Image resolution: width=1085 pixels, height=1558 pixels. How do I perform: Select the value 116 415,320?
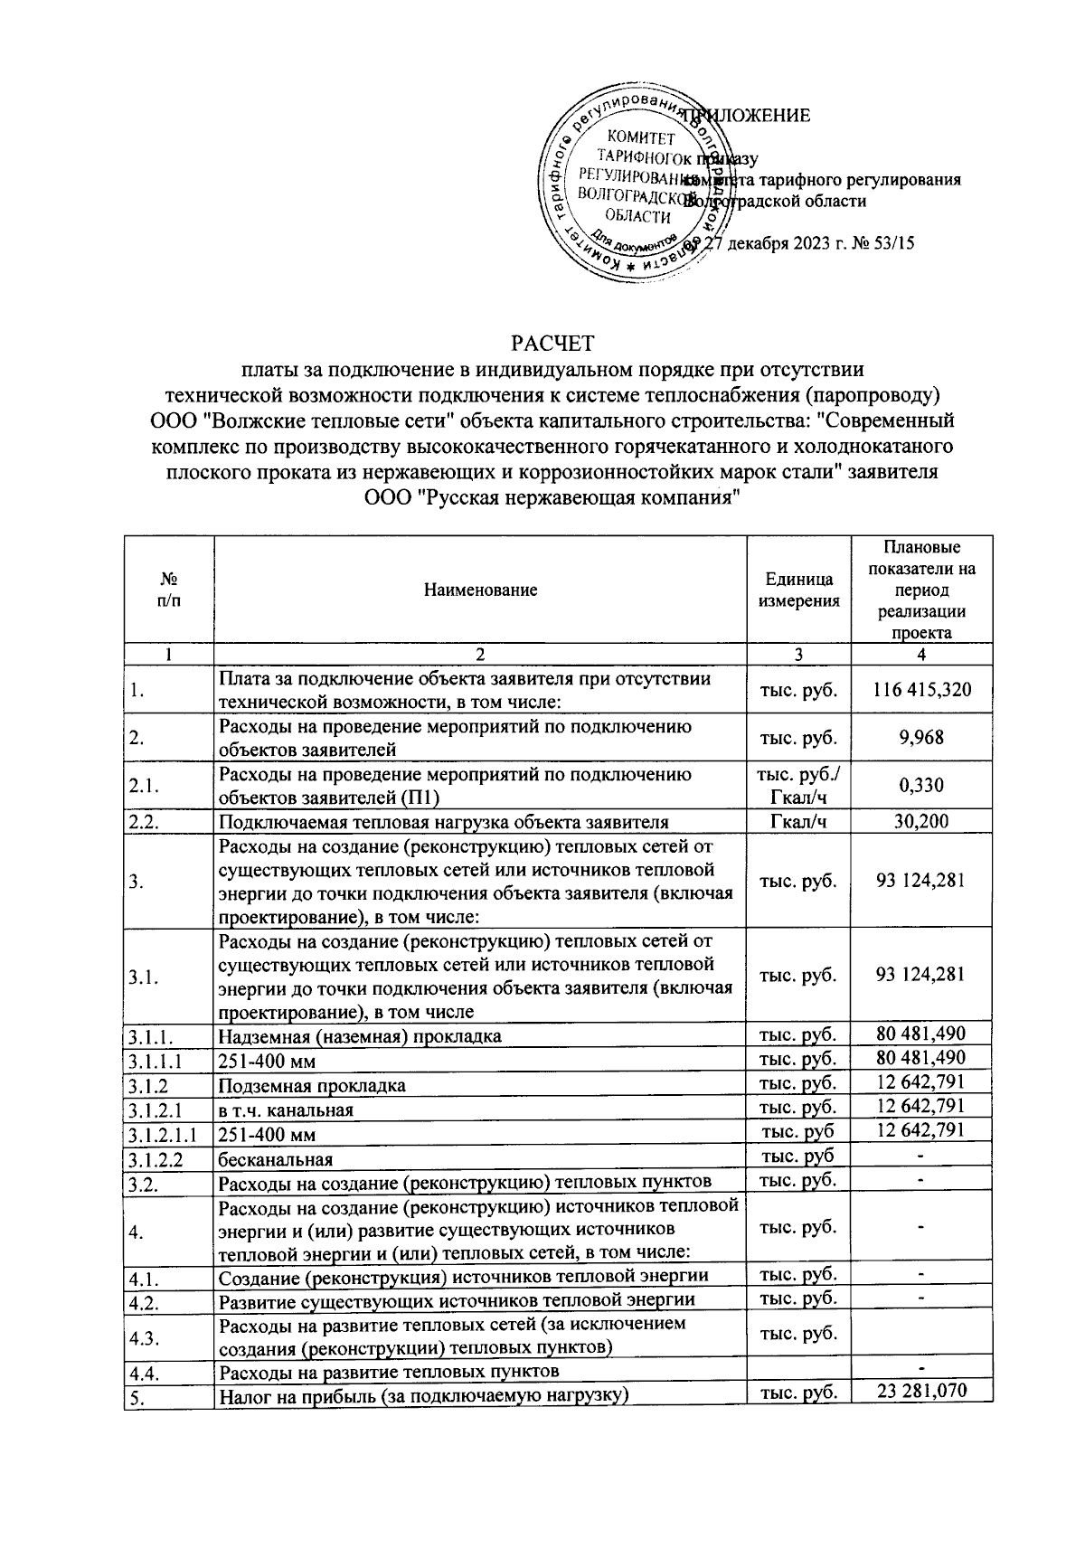[921, 690]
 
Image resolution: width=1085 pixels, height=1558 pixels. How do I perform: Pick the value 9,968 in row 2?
[921, 738]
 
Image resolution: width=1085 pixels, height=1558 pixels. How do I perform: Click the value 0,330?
[921, 785]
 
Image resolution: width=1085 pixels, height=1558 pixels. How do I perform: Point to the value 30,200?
[921, 821]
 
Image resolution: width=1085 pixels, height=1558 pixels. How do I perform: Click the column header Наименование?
[480, 590]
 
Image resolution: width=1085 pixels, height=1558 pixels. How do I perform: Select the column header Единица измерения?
[798, 590]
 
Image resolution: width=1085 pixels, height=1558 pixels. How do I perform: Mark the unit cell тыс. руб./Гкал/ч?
[798, 785]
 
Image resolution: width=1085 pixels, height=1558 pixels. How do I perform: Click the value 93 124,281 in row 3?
[921, 880]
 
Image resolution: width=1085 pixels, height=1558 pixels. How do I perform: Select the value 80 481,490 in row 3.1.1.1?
[921, 1058]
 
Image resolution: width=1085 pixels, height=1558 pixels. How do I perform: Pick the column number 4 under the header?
[921, 655]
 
